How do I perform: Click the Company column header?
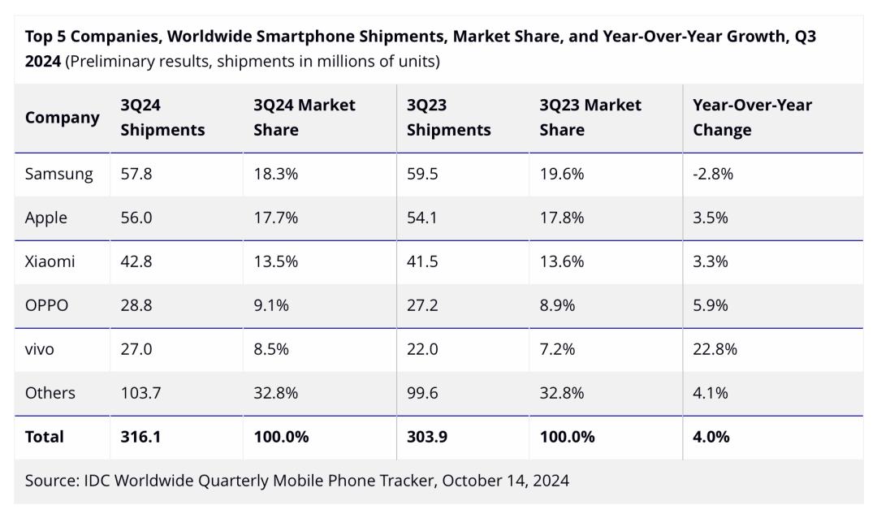click(62, 118)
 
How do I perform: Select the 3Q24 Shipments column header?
click(162, 118)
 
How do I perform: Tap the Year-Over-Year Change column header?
click(752, 118)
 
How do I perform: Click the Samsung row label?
click(58, 174)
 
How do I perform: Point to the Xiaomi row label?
click(50, 261)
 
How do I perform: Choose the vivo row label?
click(40, 349)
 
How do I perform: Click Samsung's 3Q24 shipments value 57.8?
click(136, 174)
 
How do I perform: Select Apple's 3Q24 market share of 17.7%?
click(275, 218)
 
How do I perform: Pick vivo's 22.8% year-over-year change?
click(715, 349)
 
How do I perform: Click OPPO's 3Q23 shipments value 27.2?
click(422, 305)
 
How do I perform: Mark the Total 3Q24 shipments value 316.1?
click(140, 437)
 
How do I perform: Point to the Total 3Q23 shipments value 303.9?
click(427, 437)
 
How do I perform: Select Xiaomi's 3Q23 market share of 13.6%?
click(561, 261)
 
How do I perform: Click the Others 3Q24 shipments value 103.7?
click(140, 393)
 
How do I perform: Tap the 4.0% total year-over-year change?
click(711, 437)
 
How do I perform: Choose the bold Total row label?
click(44, 437)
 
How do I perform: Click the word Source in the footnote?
click(51, 481)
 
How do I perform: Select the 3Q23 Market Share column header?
click(590, 118)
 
